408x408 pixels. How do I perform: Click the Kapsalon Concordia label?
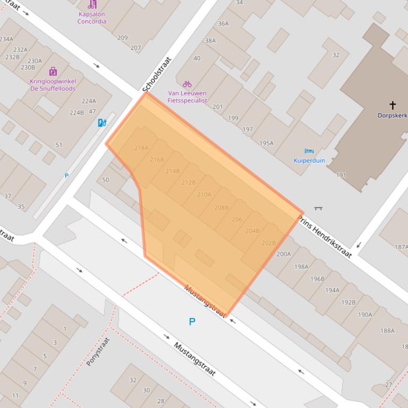pos(92,18)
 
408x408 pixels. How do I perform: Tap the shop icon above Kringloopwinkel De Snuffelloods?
pos(53,72)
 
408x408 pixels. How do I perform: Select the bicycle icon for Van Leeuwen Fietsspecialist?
pos(187,84)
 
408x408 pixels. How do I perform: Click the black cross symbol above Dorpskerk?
pos(393,105)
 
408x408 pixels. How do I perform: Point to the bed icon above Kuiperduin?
pos(309,152)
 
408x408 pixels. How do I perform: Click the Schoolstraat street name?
pos(157,75)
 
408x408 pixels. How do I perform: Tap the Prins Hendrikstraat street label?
pos(325,236)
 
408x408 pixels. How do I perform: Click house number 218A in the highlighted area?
pos(141,148)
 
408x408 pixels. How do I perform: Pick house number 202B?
pos(268,243)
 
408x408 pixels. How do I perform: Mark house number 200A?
pos(283,254)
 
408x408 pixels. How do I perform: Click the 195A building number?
pos(266,143)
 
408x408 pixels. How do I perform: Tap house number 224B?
pos(76,112)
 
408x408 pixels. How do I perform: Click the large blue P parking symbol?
pos(192,322)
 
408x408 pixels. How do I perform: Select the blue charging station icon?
pos(102,123)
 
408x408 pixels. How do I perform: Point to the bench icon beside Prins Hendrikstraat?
pos(318,208)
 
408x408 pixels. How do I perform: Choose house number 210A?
pos(204,194)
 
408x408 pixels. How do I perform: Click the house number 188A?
pos(387,331)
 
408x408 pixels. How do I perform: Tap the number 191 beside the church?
pos(341,175)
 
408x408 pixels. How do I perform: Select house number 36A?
pos(223,23)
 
